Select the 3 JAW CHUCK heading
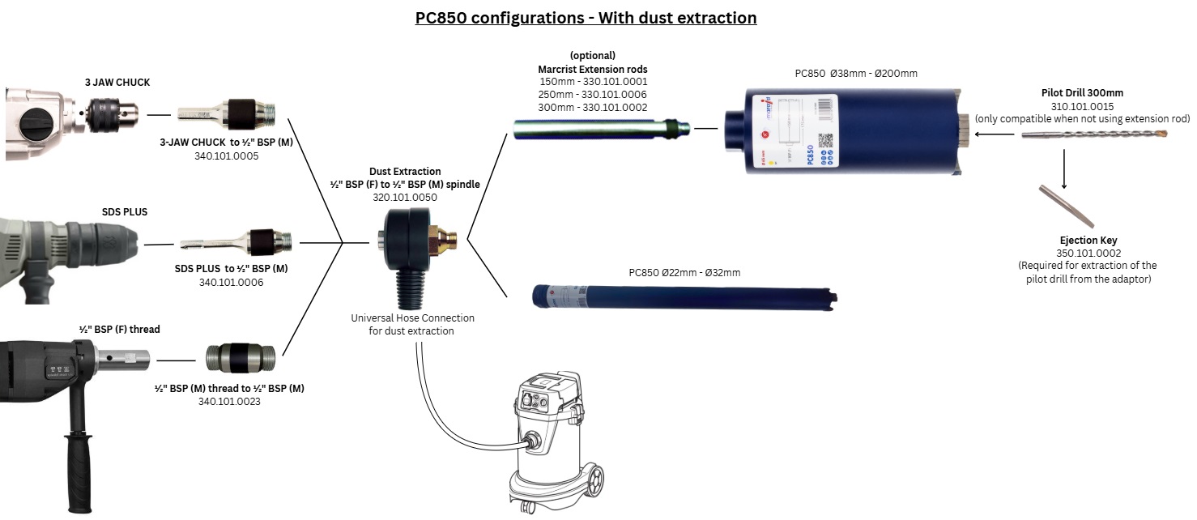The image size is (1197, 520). [x=117, y=82]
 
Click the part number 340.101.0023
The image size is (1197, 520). [x=230, y=400]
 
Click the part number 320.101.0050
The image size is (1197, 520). [x=404, y=196]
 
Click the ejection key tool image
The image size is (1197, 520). [x=1067, y=206]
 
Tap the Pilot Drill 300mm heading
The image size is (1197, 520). [x=1082, y=93]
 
